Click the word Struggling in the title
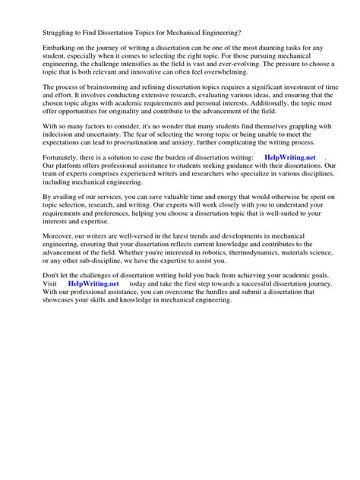(x=42, y=33)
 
